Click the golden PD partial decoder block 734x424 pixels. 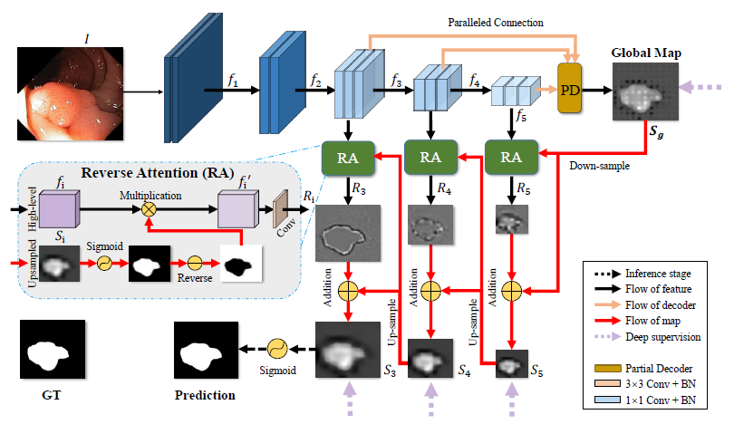click(x=569, y=89)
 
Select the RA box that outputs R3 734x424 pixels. click(x=348, y=159)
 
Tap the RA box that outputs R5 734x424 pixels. click(x=511, y=158)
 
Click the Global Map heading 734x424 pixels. click(x=646, y=53)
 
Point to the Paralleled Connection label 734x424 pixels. click(x=496, y=23)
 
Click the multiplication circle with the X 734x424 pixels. click(x=149, y=209)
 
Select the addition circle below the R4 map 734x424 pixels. click(x=430, y=291)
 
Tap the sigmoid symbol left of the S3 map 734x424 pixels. click(x=277, y=349)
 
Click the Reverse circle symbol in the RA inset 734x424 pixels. click(x=195, y=263)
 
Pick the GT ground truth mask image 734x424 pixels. click(x=53, y=349)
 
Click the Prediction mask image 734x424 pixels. click(x=206, y=350)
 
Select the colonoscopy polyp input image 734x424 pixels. click(x=70, y=93)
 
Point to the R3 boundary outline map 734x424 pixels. click(x=348, y=233)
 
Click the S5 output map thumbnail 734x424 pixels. click(x=512, y=363)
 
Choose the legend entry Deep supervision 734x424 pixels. click(x=662, y=337)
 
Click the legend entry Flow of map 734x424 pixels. click(x=652, y=321)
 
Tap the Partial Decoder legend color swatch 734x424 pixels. click(x=607, y=369)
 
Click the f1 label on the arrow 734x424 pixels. click(x=233, y=80)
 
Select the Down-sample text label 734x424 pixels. click(x=599, y=166)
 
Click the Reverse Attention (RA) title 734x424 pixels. click(x=158, y=173)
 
